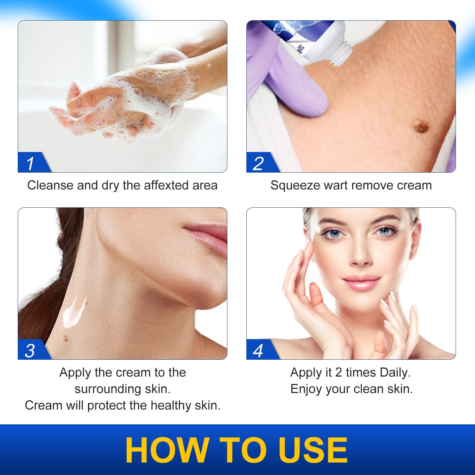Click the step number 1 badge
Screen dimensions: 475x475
(30, 163)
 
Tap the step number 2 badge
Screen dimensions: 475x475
(258, 163)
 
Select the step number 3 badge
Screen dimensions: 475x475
(30, 351)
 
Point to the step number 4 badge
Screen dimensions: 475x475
(258, 351)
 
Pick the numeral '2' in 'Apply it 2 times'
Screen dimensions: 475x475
(339, 373)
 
